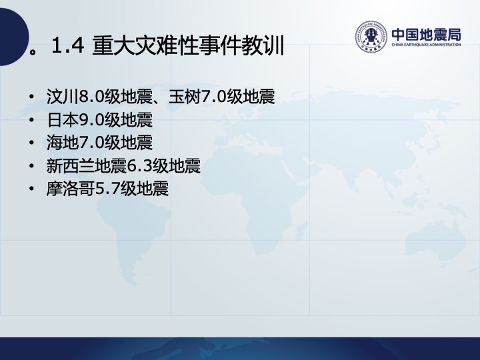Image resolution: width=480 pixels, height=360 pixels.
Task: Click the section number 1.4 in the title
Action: [68, 45]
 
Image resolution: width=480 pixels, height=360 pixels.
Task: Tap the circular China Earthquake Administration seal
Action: [371, 37]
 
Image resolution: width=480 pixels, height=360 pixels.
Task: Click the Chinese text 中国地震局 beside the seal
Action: [426, 35]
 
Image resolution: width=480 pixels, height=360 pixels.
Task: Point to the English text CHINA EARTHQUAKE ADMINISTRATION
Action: [426, 45]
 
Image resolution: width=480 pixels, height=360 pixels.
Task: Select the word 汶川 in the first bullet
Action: [62, 97]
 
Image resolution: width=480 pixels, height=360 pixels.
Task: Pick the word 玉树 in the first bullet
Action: [184, 97]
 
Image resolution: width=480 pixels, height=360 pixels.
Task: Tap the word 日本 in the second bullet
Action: [63, 120]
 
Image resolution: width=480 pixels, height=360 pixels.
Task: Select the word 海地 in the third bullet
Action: [63, 143]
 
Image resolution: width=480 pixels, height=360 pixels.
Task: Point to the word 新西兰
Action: [71, 166]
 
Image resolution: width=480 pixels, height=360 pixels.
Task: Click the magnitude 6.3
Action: [139, 166]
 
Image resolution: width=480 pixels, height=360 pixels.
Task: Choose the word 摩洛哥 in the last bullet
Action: [71, 189]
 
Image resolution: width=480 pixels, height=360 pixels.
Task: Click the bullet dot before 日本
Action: [31, 120]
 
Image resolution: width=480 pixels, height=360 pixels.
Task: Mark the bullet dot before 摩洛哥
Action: [31, 189]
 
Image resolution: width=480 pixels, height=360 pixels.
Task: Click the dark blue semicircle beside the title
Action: [14, 37]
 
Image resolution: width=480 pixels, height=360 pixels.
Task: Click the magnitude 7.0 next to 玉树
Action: [214, 97]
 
